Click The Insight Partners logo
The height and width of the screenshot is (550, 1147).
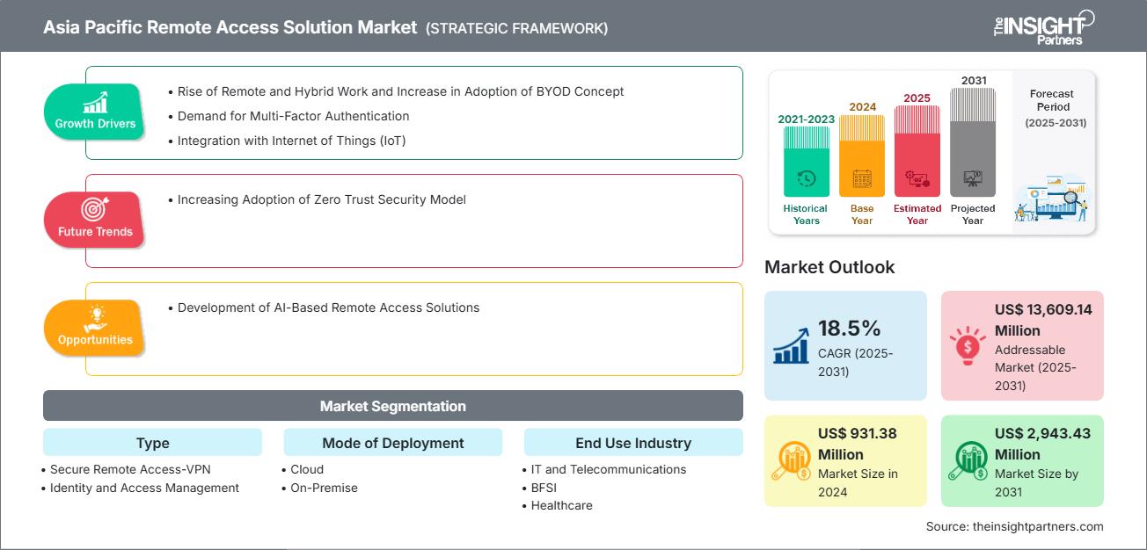click(x=1042, y=26)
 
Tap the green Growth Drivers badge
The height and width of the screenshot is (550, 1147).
click(x=95, y=112)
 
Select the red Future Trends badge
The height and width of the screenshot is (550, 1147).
click(x=95, y=220)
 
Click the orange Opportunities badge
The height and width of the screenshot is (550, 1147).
click(x=95, y=328)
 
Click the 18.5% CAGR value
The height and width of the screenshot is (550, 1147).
click(x=849, y=329)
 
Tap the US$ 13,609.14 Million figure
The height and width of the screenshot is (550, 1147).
click(x=1043, y=320)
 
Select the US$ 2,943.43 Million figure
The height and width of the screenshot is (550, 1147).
click(x=1043, y=444)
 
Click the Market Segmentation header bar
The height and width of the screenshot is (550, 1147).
click(x=392, y=406)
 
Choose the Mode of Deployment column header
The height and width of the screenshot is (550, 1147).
click(x=392, y=443)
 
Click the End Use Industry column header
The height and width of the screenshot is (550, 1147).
click(x=632, y=443)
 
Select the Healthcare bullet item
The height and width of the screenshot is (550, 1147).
click(x=561, y=505)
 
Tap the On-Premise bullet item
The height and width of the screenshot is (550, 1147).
click(x=324, y=488)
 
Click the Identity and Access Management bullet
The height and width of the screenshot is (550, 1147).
click(x=144, y=488)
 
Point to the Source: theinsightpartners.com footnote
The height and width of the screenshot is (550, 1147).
click(x=1014, y=526)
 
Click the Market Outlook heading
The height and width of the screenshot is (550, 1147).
click(x=829, y=267)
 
